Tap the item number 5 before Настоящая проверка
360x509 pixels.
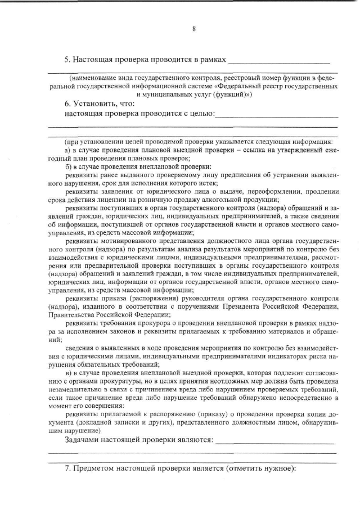[67, 58]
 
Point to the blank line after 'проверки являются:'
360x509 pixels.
[276, 442]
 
